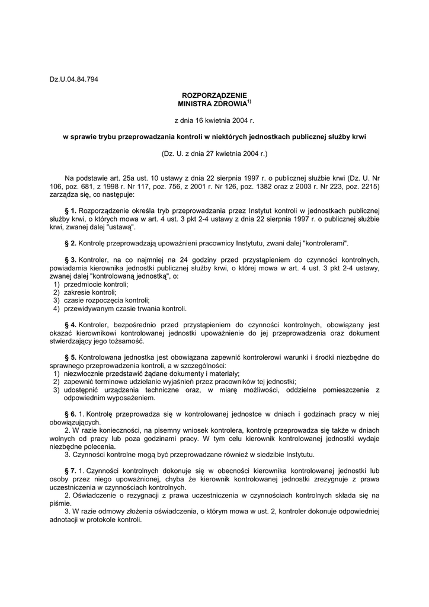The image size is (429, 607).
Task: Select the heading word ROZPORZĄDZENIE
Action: click(214, 95)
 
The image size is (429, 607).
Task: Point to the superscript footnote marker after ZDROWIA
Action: click(249, 101)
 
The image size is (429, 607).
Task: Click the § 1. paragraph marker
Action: click(70, 210)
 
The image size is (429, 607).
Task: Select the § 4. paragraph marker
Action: click(70, 325)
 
